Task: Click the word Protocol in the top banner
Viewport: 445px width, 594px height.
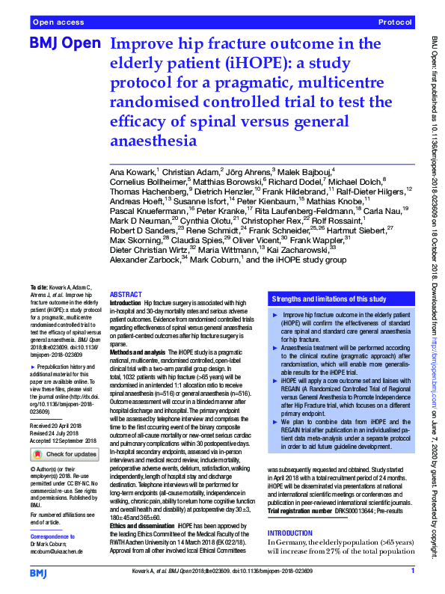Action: tap(396, 24)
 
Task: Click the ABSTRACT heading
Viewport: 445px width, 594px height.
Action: tap(126, 295)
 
